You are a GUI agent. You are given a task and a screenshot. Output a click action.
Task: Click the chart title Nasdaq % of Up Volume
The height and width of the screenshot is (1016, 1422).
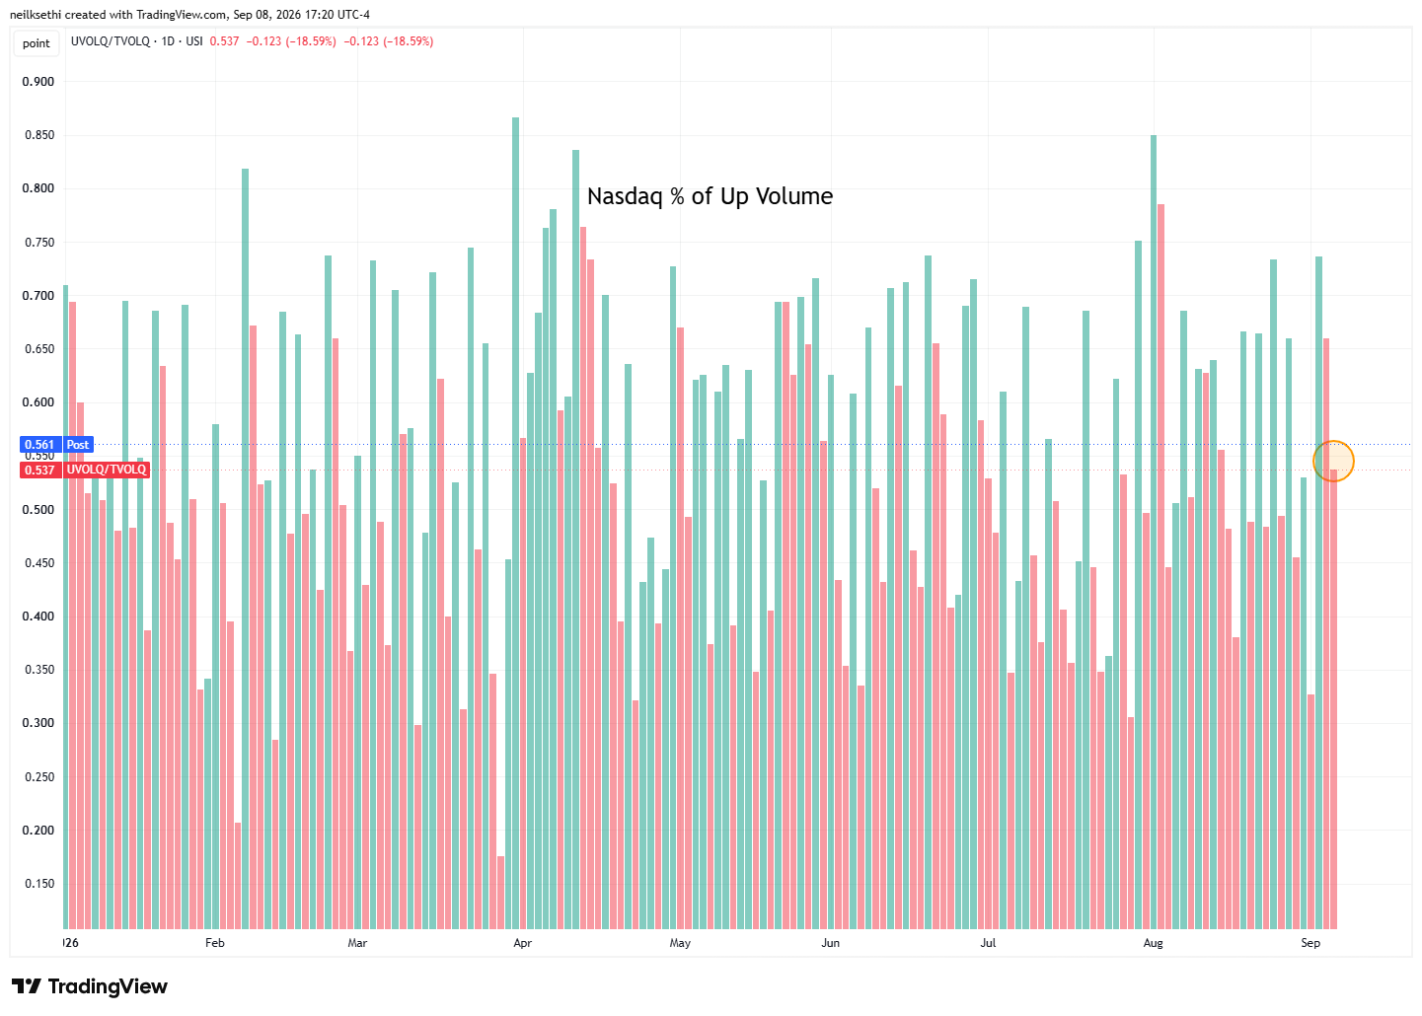(x=710, y=196)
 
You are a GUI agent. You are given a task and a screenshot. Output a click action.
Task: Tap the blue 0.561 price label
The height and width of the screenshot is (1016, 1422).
(x=40, y=445)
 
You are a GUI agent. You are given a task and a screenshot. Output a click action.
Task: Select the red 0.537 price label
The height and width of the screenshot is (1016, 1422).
(x=40, y=471)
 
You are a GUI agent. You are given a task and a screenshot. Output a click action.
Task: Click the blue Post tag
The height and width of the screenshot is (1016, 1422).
(x=78, y=445)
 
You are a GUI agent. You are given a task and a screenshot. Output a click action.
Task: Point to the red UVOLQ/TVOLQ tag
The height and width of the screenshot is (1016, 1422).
(x=106, y=471)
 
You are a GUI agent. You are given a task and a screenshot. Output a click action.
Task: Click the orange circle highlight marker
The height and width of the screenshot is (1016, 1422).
(x=1334, y=441)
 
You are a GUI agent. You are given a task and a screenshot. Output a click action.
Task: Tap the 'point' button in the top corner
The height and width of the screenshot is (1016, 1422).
(x=37, y=43)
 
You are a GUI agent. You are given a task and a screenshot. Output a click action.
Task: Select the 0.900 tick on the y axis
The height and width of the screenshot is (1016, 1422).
(x=38, y=82)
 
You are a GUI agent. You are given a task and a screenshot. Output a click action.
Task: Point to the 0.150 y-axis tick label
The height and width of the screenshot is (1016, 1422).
(x=39, y=884)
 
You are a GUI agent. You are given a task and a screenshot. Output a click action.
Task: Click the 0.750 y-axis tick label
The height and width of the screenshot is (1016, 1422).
(x=39, y=243)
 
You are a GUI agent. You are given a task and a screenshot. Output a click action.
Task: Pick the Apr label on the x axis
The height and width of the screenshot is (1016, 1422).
(x=522, y=943)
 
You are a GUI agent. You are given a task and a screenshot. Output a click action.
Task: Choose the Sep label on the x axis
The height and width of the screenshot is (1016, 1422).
(x=1310, y=943)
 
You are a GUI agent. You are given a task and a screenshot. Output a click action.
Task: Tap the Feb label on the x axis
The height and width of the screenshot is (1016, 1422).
(x=214, y=943)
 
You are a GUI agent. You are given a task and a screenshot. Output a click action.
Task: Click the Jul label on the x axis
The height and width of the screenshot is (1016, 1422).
(x=988, y=943)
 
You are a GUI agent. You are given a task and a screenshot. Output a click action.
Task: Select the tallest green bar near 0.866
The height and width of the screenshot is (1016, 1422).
(x=515, y=524)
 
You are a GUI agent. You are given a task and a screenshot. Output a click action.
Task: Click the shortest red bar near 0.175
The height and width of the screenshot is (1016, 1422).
(x=501, y=893)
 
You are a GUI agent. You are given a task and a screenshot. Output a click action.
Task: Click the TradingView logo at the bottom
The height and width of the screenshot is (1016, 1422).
(x=90, y=986)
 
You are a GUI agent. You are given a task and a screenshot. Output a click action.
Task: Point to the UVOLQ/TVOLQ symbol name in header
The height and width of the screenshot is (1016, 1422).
(x=111, y=41)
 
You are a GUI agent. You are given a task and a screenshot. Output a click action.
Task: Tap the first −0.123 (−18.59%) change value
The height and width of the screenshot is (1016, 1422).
(x=291, y=41)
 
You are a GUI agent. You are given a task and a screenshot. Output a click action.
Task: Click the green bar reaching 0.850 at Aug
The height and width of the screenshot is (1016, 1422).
(x=1154, y=533)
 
